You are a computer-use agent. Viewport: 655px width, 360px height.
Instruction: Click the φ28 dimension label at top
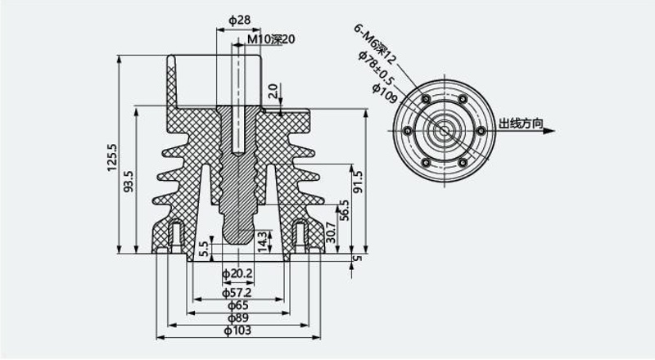(239, 20)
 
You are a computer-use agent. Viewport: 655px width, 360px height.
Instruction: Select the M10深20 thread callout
(272, 39)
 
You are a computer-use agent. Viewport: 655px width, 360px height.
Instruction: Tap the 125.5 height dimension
(112, 157)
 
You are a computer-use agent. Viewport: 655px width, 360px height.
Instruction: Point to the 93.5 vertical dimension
(129, 181)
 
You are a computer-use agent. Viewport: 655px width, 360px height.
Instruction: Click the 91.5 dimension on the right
(359, 182)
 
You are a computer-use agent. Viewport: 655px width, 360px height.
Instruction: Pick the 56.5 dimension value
(344, 210)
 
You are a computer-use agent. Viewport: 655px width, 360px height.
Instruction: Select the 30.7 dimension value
(331, 232)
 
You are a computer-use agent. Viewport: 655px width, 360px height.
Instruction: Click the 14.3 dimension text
(262, 241)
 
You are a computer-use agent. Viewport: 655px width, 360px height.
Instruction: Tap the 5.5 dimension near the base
(203, 250)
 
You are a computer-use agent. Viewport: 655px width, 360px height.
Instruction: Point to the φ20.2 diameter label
(237, 274)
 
